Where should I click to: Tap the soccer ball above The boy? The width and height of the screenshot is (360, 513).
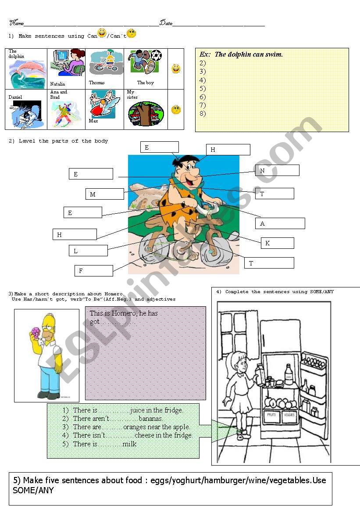156,56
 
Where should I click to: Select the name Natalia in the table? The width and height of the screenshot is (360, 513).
57,84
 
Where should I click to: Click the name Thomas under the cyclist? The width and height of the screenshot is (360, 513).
97,83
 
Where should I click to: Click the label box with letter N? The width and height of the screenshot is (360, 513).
277,170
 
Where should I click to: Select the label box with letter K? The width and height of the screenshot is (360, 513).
277,243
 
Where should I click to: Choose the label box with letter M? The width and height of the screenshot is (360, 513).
104,194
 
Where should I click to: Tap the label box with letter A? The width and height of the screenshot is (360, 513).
280,223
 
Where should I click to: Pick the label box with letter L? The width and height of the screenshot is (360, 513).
88,251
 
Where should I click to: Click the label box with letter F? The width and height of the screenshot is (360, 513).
93,271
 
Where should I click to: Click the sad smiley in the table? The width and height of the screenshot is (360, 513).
176,110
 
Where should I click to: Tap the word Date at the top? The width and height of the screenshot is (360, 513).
166,23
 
